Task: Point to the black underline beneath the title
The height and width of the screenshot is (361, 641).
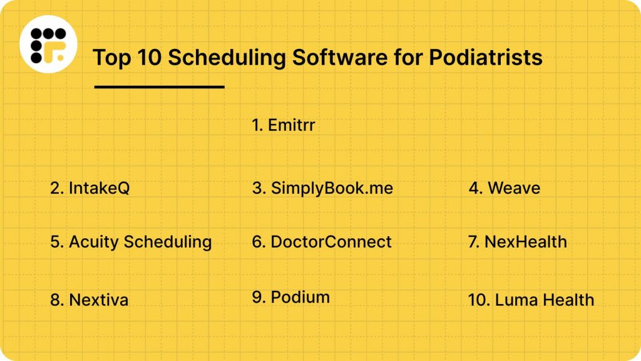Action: (159, 87)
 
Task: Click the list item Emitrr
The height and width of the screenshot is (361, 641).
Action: (284, 125)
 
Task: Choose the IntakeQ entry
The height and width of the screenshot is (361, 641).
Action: (90, 188)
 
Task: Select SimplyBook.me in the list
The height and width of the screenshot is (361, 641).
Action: (322, 188)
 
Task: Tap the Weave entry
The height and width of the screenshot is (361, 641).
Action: (505, 188)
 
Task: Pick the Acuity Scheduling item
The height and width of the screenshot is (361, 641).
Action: (131, 242)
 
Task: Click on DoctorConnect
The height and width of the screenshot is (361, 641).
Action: (322, 242)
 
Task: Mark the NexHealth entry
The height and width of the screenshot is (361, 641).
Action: (518, 242)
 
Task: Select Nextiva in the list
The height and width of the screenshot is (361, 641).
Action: (90, 300)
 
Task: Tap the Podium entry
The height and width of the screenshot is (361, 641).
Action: (291, 297)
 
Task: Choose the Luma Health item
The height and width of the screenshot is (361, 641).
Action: (531, 300)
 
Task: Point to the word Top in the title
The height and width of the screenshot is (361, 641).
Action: (110, 58)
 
